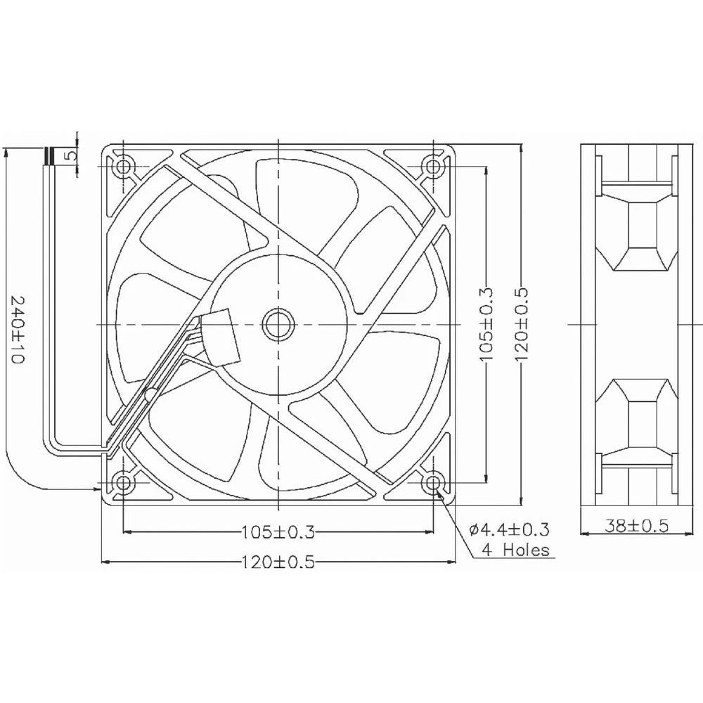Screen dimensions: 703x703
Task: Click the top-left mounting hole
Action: point(124,167)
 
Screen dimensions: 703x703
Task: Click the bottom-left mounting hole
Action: point(124,482)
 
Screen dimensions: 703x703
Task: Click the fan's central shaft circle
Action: point(278,324)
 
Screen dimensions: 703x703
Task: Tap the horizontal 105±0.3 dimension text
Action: point(278,531)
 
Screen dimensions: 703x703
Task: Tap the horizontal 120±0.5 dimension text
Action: point(278,562)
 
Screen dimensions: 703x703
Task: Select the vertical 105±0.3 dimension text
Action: point(487,325)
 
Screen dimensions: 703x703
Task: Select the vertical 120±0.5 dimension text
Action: point(521,325)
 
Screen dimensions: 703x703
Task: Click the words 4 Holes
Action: point(515,550)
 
